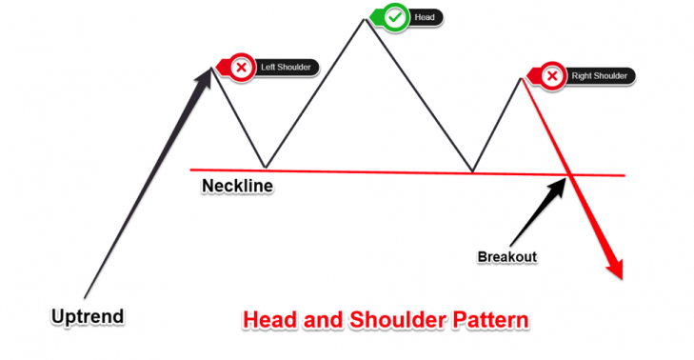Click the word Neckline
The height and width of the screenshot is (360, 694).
[x=237, y=185]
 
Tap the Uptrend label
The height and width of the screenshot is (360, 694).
[x=89, y=314]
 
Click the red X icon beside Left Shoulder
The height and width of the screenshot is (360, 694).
[x=242, y=68]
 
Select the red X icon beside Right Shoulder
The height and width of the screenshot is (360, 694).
[x=551, y=75]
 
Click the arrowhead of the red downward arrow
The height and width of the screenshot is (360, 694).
[x=617, y=270]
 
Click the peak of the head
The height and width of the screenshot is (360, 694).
[x=363, y=16]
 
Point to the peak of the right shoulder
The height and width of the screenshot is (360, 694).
[x=521, y=76]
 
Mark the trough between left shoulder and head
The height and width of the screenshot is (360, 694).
[x=265, y=167]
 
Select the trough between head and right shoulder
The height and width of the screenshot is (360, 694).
[x=473, y=172]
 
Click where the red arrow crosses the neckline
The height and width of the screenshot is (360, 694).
[x=569, y=173]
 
